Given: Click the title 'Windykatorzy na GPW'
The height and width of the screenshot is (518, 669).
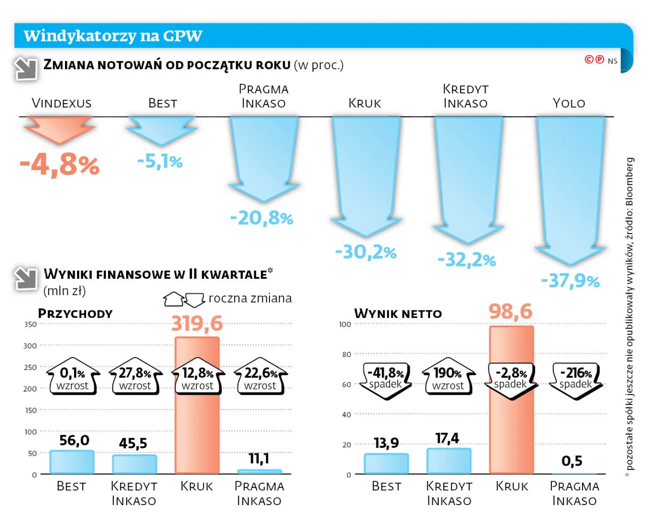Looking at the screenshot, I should click(x=113, y=36).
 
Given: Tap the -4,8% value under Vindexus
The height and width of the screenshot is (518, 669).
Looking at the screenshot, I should click(x=60, y=165).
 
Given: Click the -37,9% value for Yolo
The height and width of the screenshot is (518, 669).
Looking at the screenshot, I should click(x=570, y=281).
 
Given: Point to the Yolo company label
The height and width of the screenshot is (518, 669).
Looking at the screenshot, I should click(x=569, y=103).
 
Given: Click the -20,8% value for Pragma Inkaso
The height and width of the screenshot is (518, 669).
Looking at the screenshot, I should click(x=262, y=218).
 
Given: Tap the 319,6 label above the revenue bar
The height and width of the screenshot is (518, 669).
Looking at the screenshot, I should click(x=197, y=324).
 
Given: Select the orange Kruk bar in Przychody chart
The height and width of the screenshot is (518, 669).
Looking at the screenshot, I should click(x=197, y=430).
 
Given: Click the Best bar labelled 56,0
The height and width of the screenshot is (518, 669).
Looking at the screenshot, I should click(x=72, y=462).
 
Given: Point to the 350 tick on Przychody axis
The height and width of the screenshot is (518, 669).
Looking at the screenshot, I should click(x=30, y=325).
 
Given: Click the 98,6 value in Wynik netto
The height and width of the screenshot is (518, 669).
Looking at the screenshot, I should click(x=510, y=312).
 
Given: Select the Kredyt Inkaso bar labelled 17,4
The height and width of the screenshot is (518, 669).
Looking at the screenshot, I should click(x=449, y=461).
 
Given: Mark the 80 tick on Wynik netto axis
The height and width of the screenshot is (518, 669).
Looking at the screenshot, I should click(x=346, y=354).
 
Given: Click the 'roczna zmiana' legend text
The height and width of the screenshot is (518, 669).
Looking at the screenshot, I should click(x=250, y=298).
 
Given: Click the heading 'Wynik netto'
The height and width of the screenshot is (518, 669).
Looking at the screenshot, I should click(x=398, y=314).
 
